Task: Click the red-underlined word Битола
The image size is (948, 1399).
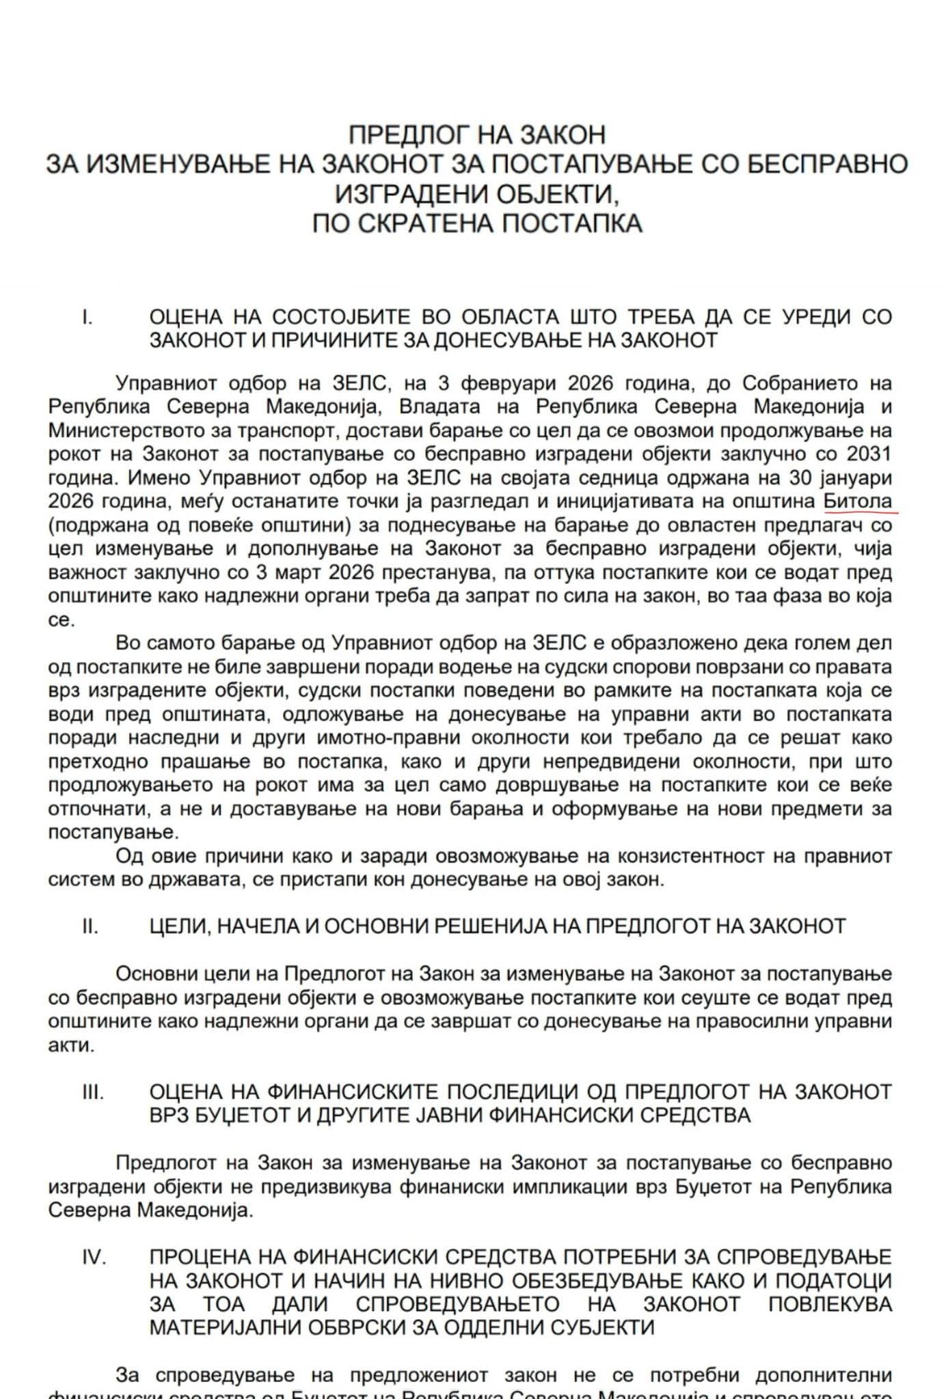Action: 858,501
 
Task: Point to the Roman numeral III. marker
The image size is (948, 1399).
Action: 92,1092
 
